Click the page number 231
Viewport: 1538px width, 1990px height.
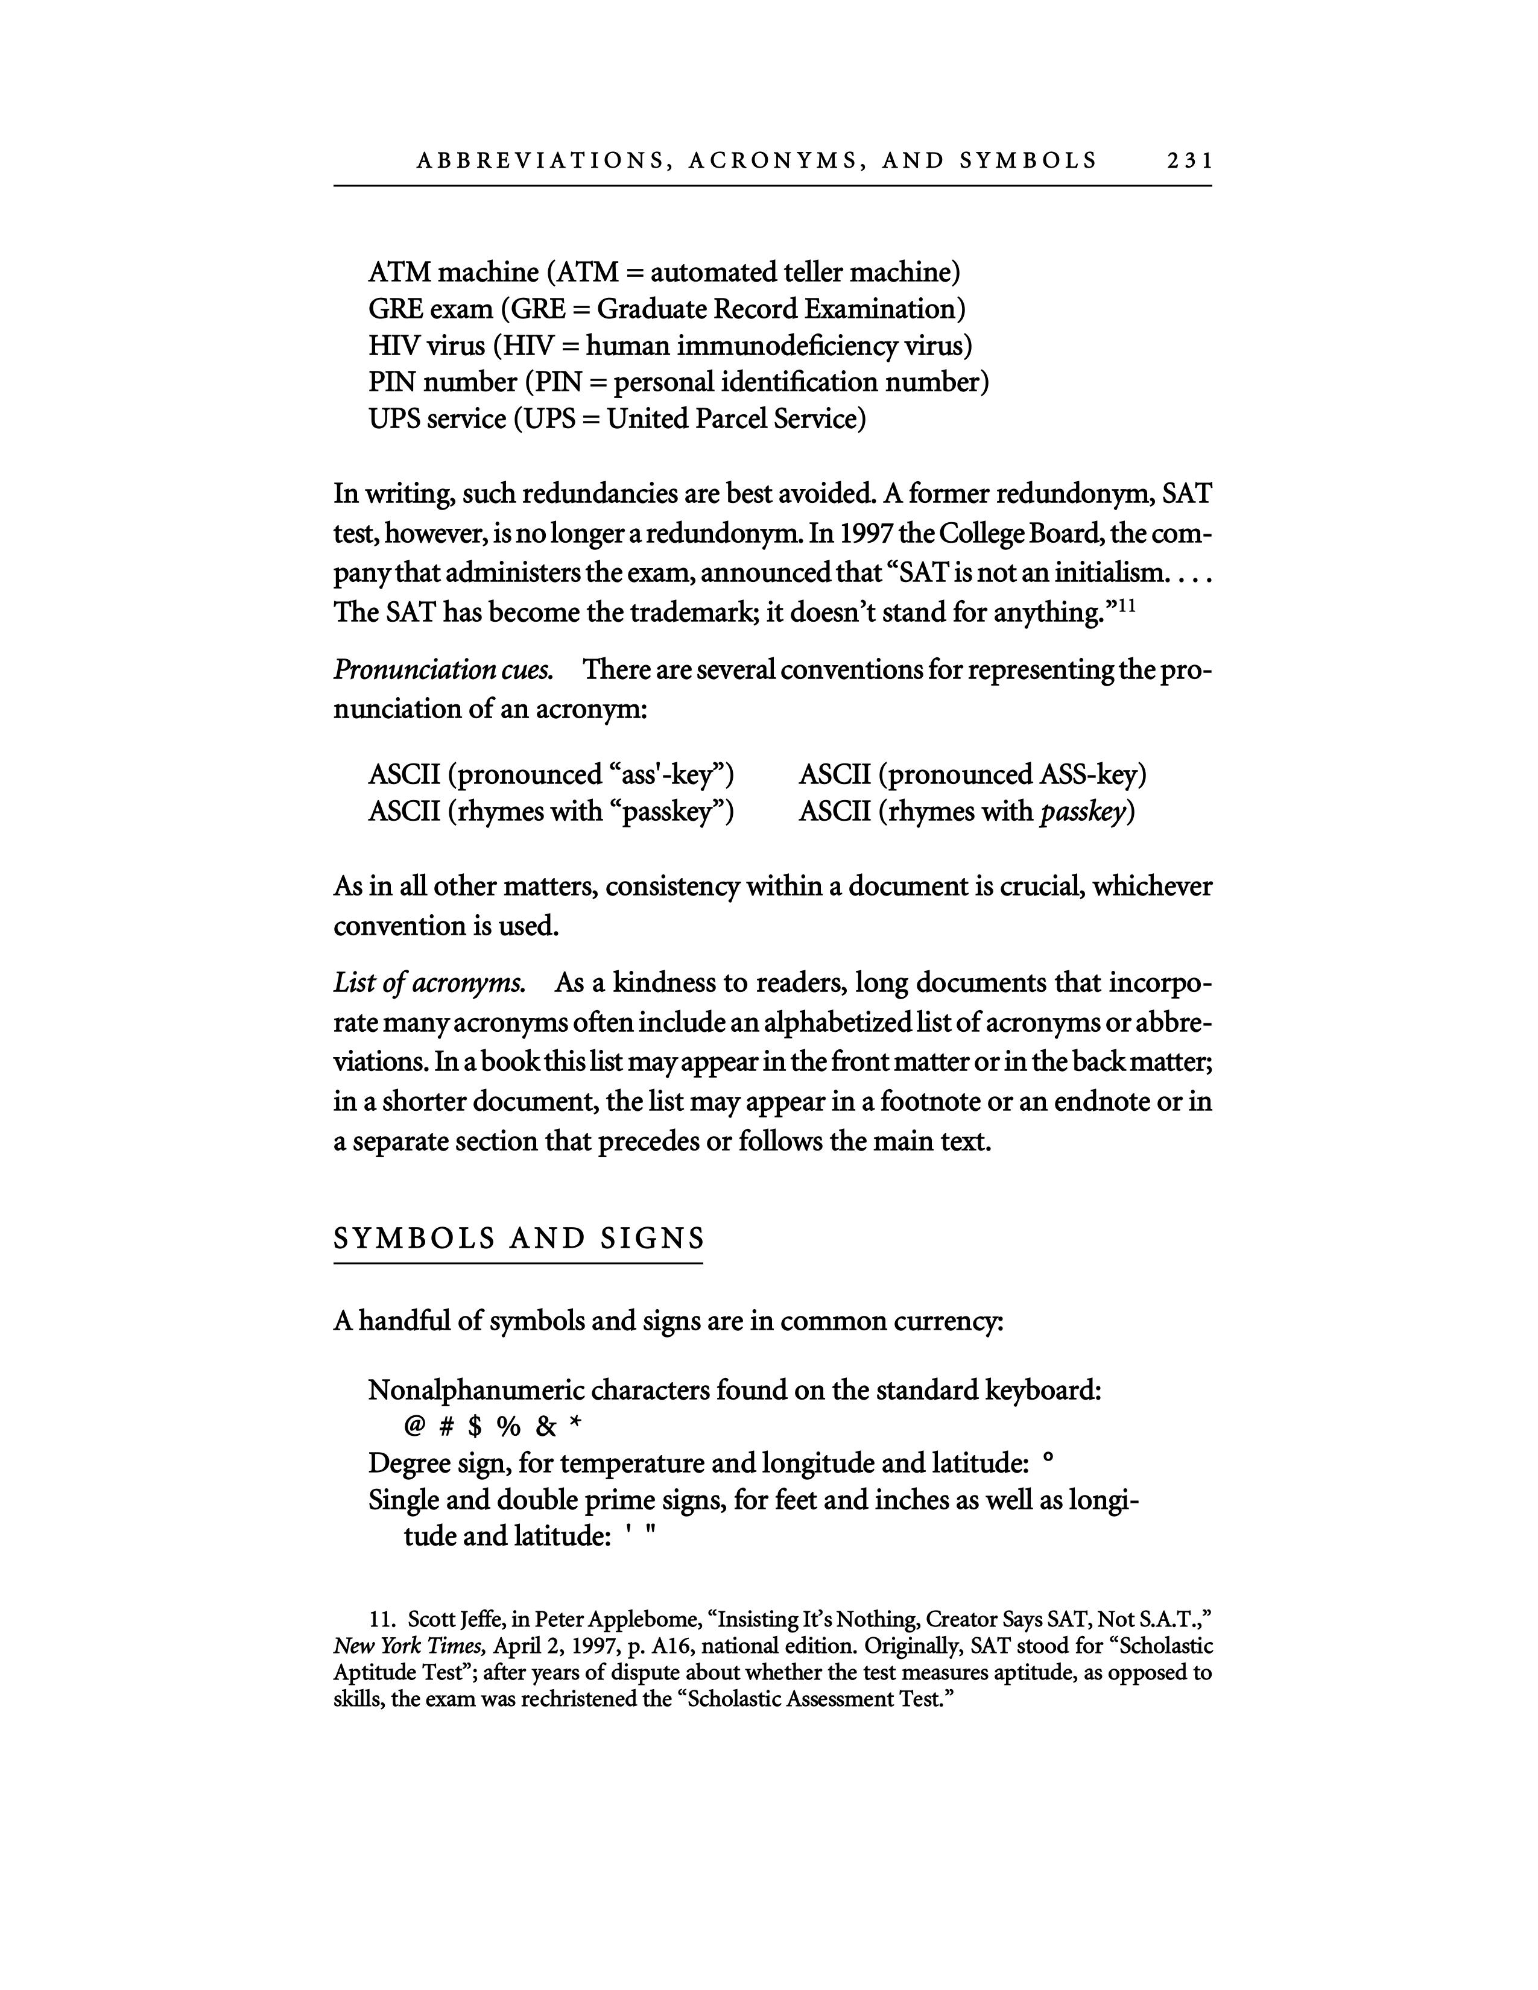pyautogui.click(x=1189, y=161)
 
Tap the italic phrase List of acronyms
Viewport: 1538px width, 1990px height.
pyautogui.click(x=429, y=983)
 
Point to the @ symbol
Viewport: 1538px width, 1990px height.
pyautogui.click(x=414, y=1426)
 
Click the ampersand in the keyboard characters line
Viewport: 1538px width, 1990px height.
pyautogui.click(x=546, y=1427)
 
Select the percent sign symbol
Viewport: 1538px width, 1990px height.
pyautogui.click(x=508, y=1427)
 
